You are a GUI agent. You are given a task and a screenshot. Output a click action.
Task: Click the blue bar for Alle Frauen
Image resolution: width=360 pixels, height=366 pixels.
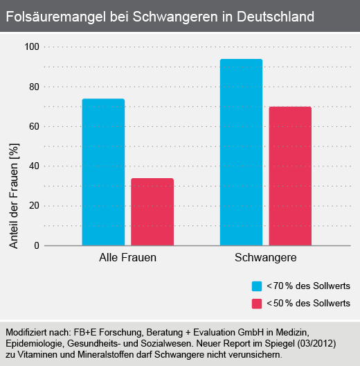103,173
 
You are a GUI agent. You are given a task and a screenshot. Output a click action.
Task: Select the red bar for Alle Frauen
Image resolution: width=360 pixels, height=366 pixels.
152,212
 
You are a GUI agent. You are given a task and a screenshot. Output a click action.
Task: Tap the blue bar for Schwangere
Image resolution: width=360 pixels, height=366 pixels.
241,152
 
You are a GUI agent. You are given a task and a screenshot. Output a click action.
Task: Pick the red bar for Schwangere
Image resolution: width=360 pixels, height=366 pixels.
290,176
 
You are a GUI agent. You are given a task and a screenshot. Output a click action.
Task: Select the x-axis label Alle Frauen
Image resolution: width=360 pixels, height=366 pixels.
127,258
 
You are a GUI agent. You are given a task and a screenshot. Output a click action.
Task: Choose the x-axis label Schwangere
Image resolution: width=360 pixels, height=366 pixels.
266,258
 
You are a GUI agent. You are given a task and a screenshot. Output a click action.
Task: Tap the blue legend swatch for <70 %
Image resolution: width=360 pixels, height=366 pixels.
256,286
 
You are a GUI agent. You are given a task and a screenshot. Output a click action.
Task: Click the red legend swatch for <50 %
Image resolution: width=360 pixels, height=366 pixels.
256,304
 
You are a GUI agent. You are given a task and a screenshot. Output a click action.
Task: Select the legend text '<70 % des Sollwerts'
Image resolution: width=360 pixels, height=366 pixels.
309,286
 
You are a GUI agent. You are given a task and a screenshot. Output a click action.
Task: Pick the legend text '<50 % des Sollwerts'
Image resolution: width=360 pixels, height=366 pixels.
309,304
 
